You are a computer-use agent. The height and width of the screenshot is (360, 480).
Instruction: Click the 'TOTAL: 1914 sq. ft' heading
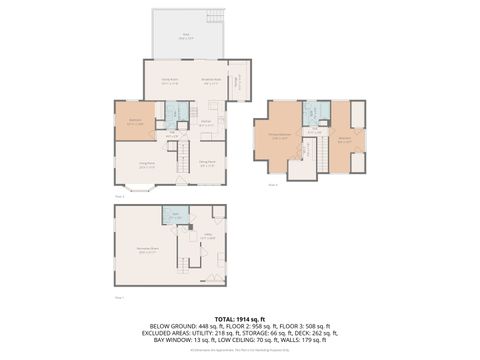pos(240,317)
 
